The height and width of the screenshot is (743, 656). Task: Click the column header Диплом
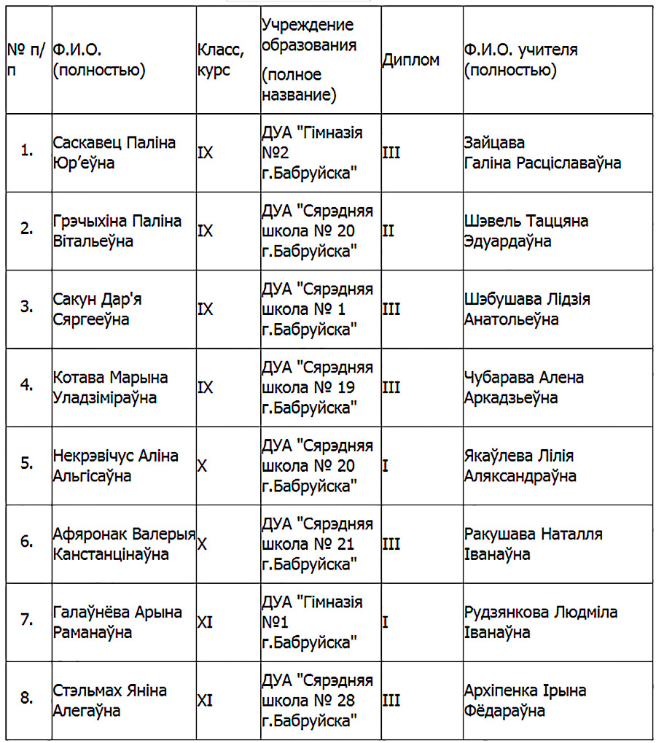pyautogui.click(x=410, y=60)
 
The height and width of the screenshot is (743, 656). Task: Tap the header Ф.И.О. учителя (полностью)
pyautogui.click(x=520, y=60)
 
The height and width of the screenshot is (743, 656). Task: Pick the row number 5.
pyautogui.click(x=27, y=463)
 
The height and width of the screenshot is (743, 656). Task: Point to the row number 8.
pyautogui.click(x=27, y=699)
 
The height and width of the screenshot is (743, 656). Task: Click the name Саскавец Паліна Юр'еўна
pyautogui.click(x=114, y=152)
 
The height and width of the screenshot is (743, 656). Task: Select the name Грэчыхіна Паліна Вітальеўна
pyautogui.click(x=117, y=230)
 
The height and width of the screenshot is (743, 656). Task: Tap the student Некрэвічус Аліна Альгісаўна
pyautogui.click(x=115, y=465)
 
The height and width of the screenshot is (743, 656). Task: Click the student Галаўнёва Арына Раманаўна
pyautogui.click(x=117, y=622)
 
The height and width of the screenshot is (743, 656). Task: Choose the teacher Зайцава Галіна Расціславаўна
pyautogui.click(x=542, y=152)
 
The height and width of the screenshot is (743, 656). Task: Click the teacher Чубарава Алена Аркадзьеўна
pyautogui.click(x=523, y=387)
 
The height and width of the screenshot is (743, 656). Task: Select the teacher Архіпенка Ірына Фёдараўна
pyautogui.click(x=525, y=700)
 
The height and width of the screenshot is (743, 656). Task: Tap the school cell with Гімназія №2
pyautogui.click(x=312, y=152)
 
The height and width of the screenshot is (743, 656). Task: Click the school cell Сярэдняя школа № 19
pyautogui.click(x=316, y=387)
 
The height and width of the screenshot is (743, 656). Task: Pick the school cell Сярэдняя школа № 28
pyautogui.click(x=316, y=700)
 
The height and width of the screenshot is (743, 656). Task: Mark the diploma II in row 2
pyautogui.click(x=388, y=230)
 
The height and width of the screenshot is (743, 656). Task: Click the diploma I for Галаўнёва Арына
pyautogui.click(x=386, y=622)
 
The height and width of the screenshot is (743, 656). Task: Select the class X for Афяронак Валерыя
pyautogui.click(x=203, y=544)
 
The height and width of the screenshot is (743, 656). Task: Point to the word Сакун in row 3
pyautogui.click(x=71, y=299)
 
